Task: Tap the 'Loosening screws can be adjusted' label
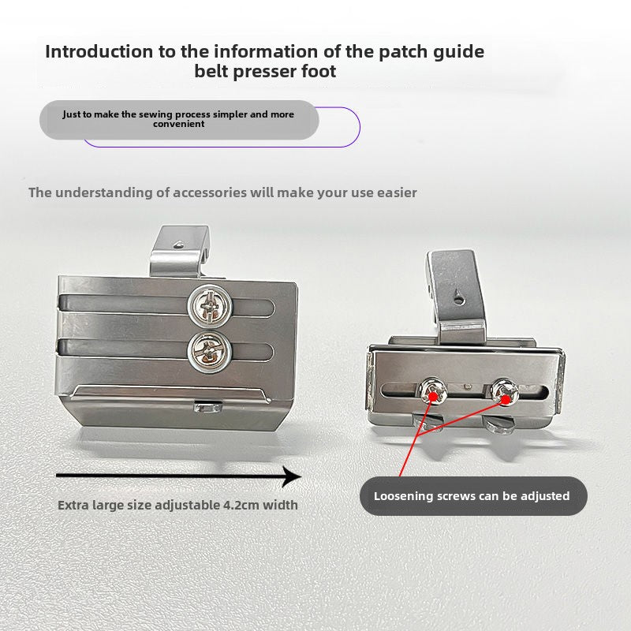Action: click(472, 496)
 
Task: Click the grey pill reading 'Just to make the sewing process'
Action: click(178, 119)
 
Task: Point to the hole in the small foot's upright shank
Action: click(458, 296)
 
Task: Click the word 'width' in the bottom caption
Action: click(280, 505)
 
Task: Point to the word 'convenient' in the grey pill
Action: click(178, 125)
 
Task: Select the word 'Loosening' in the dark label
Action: click(403, 496)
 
